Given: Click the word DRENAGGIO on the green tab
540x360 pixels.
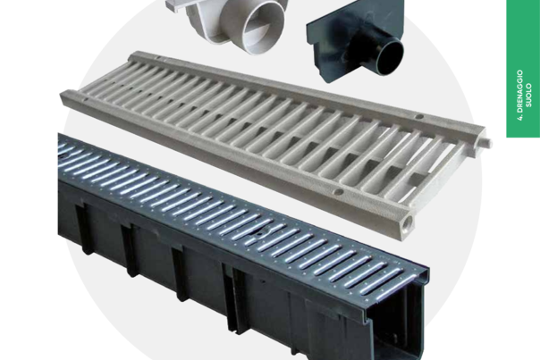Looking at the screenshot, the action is click(519, 91).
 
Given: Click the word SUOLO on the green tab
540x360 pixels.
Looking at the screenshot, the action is click(529, 96).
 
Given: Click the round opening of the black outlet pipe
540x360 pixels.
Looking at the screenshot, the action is click(390, 57).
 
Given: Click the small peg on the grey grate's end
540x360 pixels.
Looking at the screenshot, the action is click(488, 143).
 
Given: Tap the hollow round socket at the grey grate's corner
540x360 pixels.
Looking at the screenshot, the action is click(409, 221).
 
